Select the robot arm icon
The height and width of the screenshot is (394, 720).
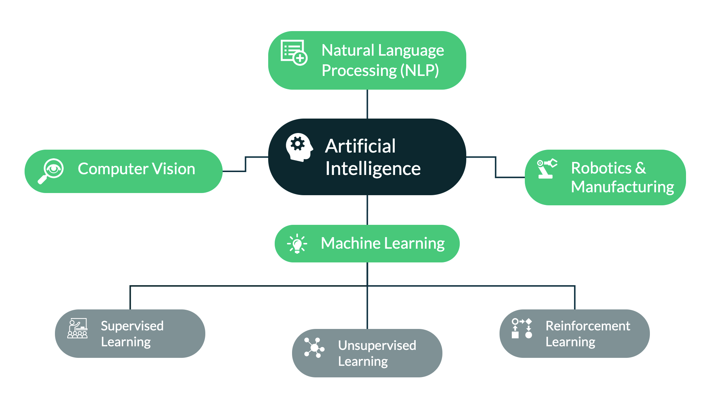pyautogui.click(x=547, y=168)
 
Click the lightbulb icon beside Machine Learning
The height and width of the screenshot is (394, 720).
pyautogui.click(x=297, y=244)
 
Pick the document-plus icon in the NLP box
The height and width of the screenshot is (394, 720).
pyautogui.click(x=294, y=53)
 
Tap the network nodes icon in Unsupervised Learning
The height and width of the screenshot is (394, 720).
pyautogui.click(x=314, y=348)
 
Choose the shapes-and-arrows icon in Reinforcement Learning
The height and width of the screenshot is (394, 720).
pyautogui.click(x=522, y=328)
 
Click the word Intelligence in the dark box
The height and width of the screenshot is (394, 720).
pyautogui.click(x=373, y=168)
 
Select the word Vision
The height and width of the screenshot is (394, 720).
pyautogui.click(x=174, y=169)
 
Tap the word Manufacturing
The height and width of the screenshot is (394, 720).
pyautogui.click(x=622, y=187)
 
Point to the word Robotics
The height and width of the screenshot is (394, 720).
pyautogui.click(x=601, y=168)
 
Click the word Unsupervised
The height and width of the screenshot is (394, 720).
pyautogui.click(x=377, y=346)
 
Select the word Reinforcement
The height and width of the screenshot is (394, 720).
pyautogui.click(x=588, y=326)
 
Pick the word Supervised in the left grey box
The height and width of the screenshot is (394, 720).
pyautogui.click(x=132, y=326)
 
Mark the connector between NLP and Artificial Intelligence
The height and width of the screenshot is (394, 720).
pyautogui.click(x=367, y=104)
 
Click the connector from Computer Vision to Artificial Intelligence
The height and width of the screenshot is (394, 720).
pyautogui.click(x=245, y=164)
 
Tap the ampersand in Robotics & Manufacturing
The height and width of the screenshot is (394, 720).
pyautogui.click(x=640, y=168)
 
